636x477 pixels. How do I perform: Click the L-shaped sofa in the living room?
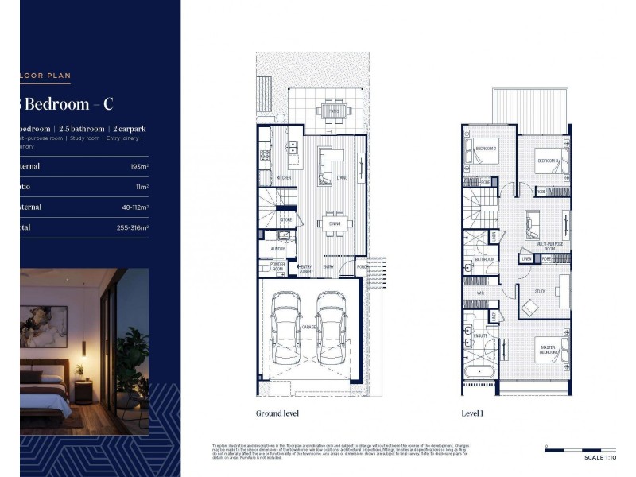326,162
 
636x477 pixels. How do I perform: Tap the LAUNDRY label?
276,249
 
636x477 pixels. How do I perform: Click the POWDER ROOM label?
277,267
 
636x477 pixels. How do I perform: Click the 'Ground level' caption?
277,413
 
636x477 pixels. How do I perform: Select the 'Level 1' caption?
472,413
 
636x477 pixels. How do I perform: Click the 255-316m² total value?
132,227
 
